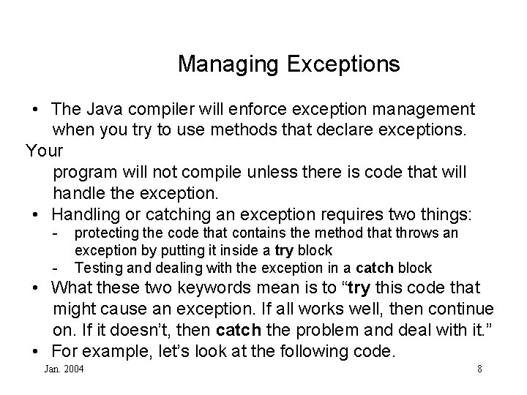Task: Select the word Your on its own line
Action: point(44,151)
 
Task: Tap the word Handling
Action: point(88,215)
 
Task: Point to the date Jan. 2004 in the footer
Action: point(64,369)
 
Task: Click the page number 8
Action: point(479,369)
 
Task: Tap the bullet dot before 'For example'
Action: point(36,352)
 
